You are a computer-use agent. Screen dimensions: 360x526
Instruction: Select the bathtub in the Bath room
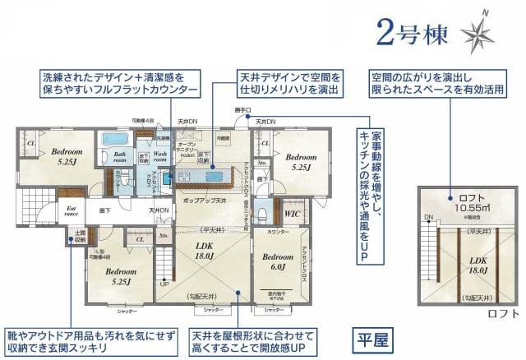click(109, 141)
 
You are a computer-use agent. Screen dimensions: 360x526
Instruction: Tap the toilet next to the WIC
click(261, 212)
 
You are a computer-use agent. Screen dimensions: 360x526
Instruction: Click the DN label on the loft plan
click(428, 217)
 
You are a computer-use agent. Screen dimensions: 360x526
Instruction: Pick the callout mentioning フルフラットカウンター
click(119, 83)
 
